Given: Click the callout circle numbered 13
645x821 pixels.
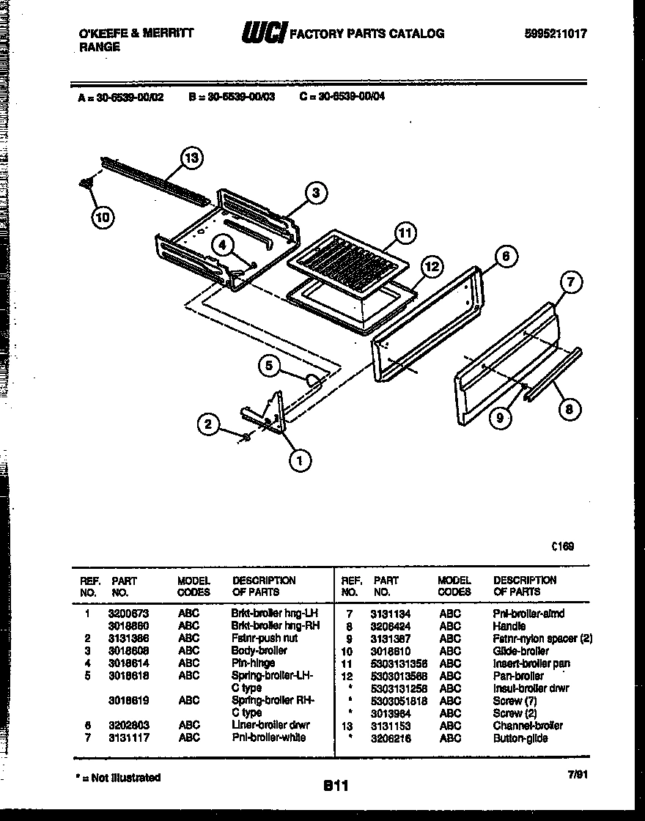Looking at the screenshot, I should [x=191, y=158].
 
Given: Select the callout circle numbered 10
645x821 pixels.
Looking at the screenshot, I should [x=103, y=216].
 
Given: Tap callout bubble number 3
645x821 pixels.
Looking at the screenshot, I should [x=316, y=194].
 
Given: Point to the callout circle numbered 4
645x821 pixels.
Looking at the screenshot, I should [x=224, y=245].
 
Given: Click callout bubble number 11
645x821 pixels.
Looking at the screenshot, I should [x=404, y=235].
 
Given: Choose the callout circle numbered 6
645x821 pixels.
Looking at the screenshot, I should [x=505, y=256].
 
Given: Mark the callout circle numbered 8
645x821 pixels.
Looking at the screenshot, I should [x=570, y=409].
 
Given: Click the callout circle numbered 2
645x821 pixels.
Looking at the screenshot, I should [x=208, y=424].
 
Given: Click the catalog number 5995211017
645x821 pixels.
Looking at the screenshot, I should [x=556, y=33].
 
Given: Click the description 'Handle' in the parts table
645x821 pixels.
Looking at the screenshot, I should [x=509, y=626].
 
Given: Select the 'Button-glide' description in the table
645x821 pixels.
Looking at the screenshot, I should [x=520, y=738].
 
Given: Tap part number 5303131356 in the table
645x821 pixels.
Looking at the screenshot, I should [x=399, y=663].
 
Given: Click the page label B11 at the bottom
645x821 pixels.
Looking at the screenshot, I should [x=336, y=786].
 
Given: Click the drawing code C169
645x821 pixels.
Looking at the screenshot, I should [x=564, y=546].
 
